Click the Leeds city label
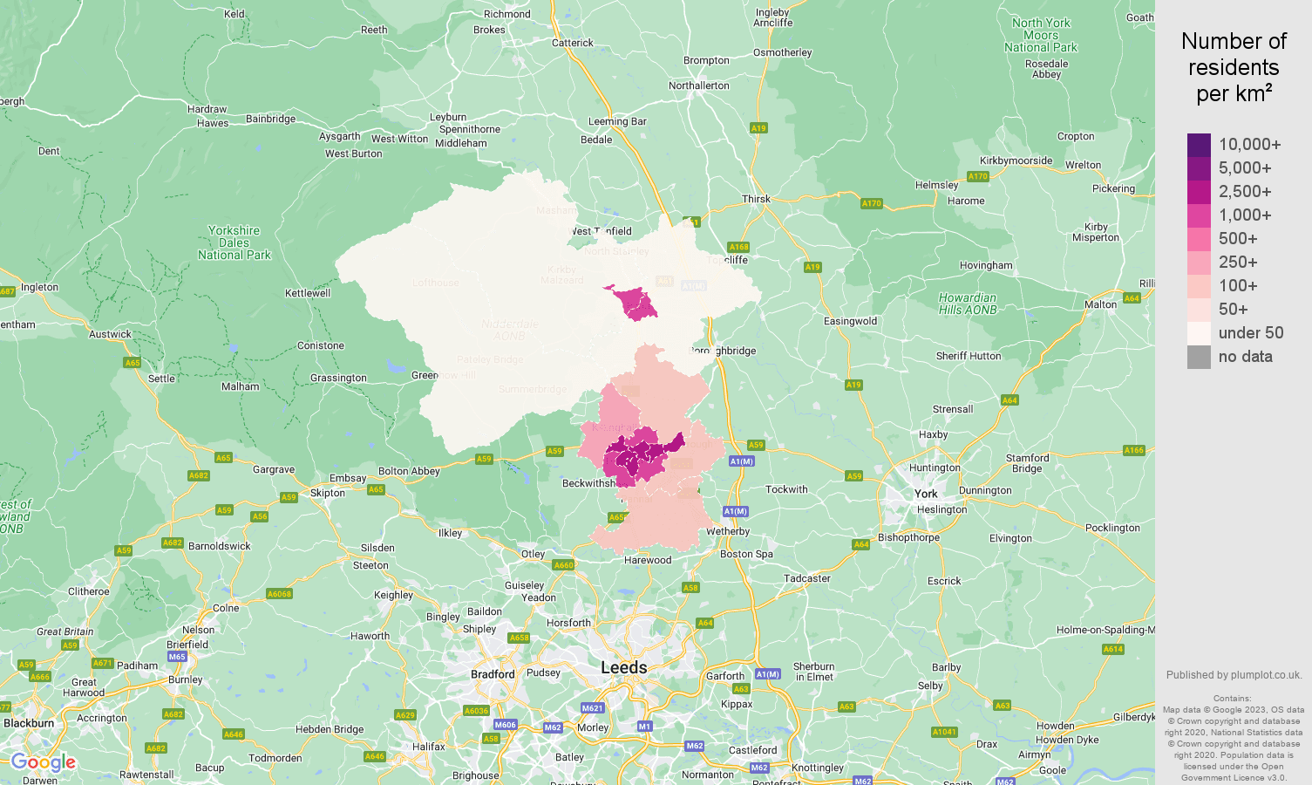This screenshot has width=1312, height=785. click(x=623, y=667)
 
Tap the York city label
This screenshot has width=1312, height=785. click(x=926, y=494)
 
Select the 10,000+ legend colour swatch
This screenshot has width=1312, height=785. click(x=1199, y=145)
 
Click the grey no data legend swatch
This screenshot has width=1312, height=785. click(x=1199, y=357)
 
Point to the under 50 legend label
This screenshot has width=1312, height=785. click(x=1250, y=333)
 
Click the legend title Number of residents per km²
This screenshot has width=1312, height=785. click(x=1234, y=67)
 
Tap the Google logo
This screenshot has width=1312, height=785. click(x=43, y=763)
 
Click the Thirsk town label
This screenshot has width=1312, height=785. click(x=756, y=199)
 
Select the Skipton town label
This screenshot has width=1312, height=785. click(x=328, y=493)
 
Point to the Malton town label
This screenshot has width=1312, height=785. click(x=1100, y=304)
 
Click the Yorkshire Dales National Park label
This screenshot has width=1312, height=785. click(x=234, y=243)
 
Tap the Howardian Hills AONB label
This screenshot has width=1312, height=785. click(x=967, y=304)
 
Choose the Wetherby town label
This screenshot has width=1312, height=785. click(x=728, y=531)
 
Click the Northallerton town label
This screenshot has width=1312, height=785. click(x=698, y=85)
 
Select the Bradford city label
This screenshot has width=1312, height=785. click(x=493, y=674)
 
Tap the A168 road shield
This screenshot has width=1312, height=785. click(x=738, y=247)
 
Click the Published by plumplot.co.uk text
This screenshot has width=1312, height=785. click(x=1234, y=675)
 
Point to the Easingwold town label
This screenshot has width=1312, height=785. click(x=850, y=321)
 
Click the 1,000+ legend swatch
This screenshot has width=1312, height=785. click(x=1199, y=215)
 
